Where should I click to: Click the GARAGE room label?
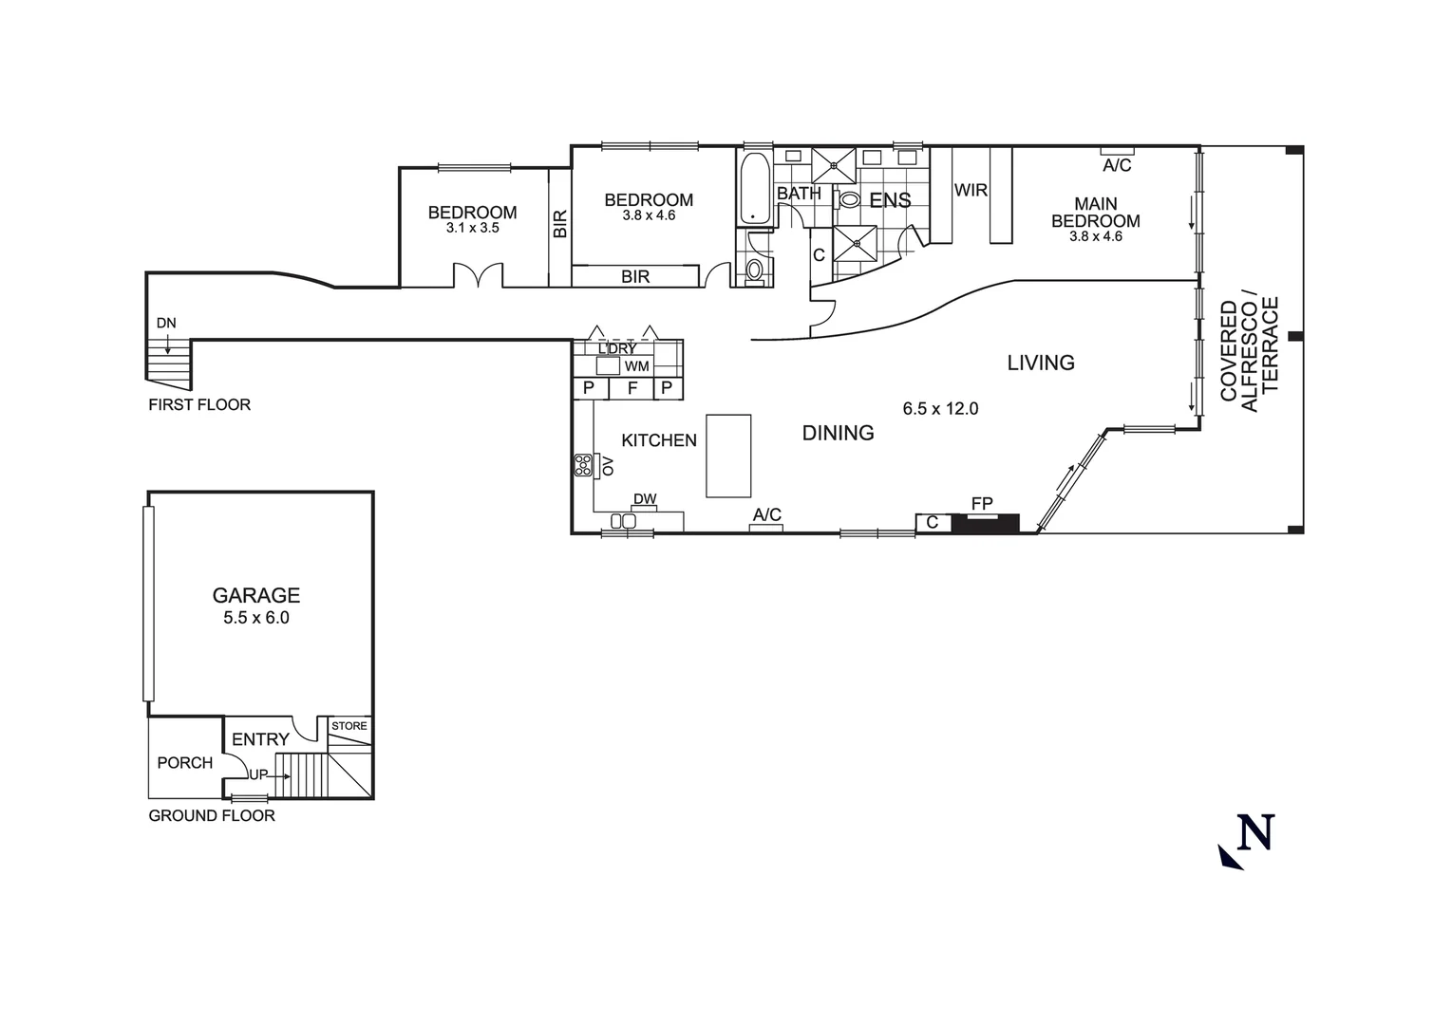[255, 595]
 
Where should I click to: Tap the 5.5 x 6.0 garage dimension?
[255, 618]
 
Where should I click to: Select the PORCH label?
[184, 763]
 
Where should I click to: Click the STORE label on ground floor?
[349, 726]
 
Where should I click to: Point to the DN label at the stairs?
[166, 323]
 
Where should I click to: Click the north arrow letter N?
[1255, 832]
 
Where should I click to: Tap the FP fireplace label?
[981, 503]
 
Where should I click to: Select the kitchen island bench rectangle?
[728, 456]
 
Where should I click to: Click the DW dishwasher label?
[645, 499]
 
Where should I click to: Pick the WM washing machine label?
[637, 366]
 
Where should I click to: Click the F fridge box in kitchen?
[632, 388]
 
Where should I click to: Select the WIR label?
[971, 191]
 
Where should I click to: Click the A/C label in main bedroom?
[1117, 166]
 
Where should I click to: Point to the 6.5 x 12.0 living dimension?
[940, 409]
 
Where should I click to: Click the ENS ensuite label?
[890, 200]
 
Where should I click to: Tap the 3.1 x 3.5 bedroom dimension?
[472, 229]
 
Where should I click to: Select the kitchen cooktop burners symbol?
[582, 465]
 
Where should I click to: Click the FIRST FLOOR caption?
[199, 404]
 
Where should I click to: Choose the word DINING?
[838, 433]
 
